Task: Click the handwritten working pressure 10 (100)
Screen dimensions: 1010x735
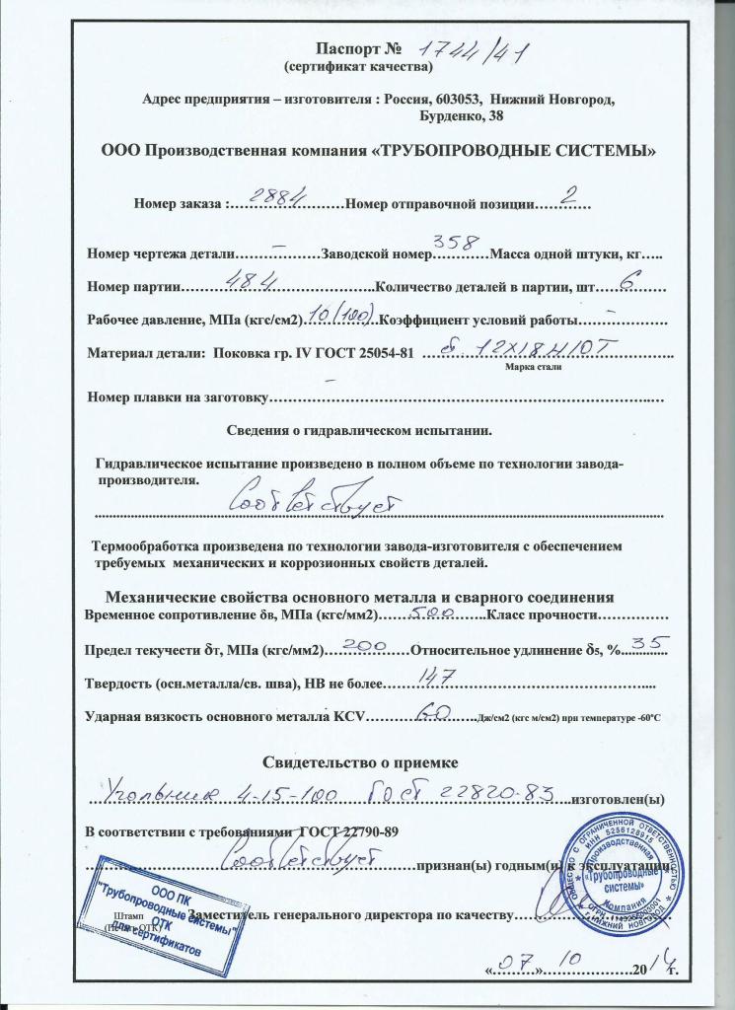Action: [339, 318]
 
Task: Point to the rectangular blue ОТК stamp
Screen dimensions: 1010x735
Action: [158, 920]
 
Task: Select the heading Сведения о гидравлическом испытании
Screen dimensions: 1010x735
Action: [359, 430]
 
